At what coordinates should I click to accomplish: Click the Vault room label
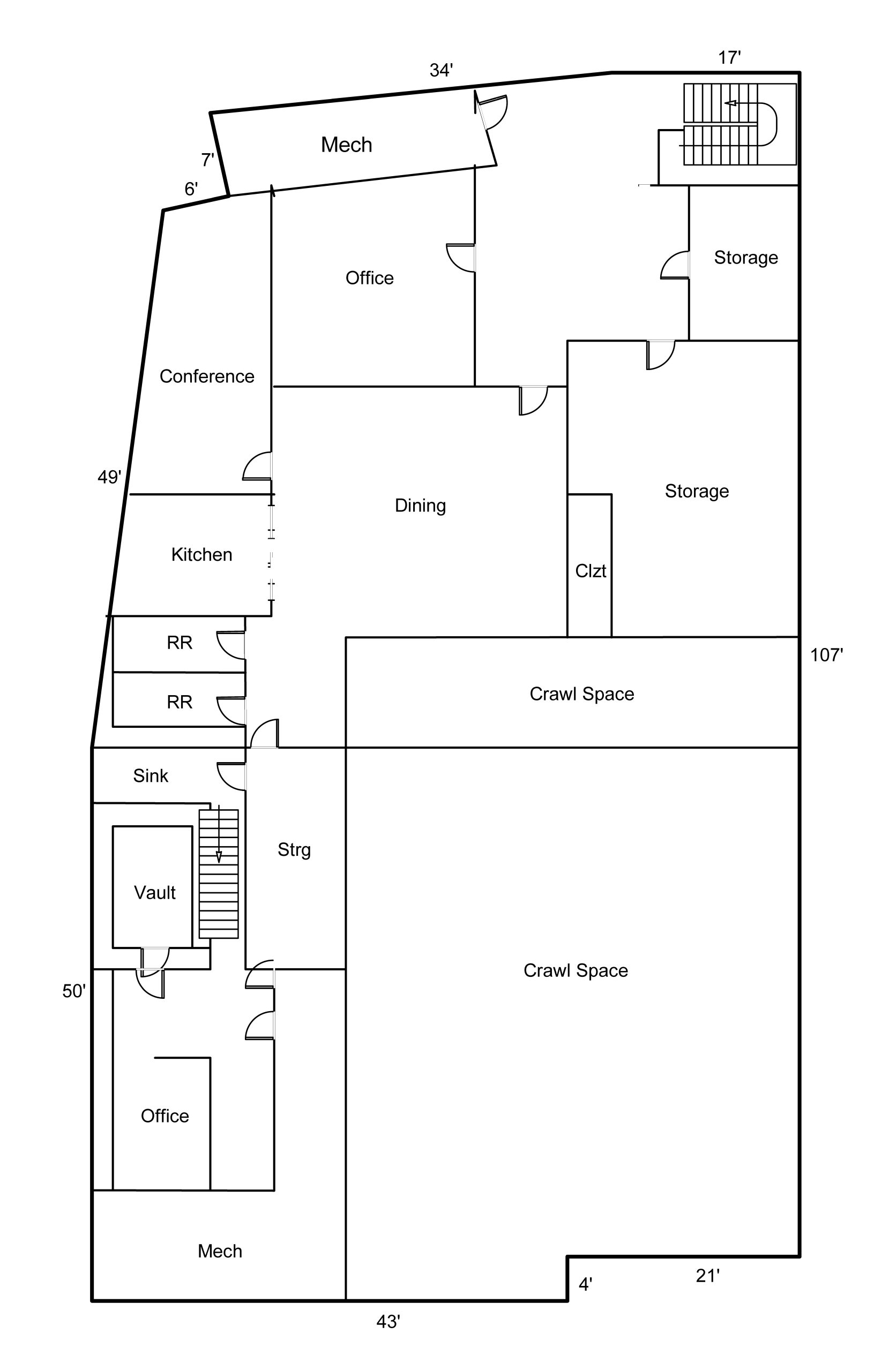[154, 892]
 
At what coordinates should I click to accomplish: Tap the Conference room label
[206, 376]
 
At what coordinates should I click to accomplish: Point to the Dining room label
[420, 505]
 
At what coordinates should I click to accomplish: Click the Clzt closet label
[591, 571]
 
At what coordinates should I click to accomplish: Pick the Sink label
[150, 776]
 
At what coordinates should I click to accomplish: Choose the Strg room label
[294, 850]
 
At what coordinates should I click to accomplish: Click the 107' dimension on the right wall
[826, 655]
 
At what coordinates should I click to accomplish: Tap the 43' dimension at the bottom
[388, 1321]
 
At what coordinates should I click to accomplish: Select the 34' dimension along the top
[441, 70]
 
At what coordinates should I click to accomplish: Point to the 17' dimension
[729, 58]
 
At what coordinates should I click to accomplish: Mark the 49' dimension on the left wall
[109, 477]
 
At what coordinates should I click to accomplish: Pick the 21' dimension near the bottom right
[707, 1276]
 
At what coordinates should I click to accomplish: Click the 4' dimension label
[585, 1285]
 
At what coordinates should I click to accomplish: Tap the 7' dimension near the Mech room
[207, 160]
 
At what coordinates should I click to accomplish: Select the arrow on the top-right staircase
[731, 103]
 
